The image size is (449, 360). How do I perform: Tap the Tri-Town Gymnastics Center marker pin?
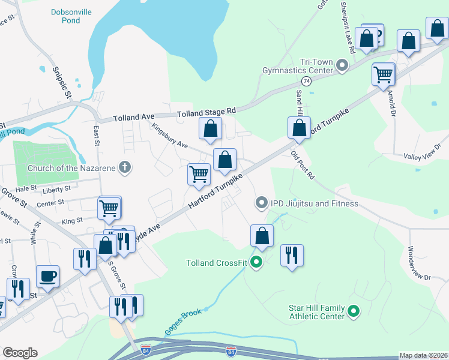[343, 65]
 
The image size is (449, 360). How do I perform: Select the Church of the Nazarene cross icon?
[125, 167]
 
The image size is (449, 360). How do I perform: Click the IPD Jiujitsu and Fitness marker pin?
[261, 203]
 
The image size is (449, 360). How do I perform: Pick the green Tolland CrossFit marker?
[256, 262]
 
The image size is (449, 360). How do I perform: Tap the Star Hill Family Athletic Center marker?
[354, 311]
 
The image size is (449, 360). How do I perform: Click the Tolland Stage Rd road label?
[206, 112]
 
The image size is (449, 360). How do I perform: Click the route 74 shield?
[306, 81]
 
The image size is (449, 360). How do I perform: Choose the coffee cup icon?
[48, 276]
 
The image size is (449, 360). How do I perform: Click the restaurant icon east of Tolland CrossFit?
[292, 255]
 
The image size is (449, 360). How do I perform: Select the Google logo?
[20, 353]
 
